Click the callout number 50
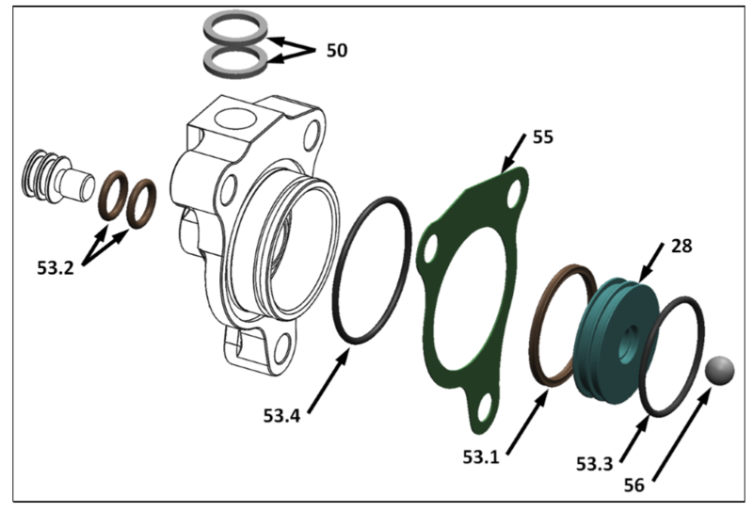tap(336, 49)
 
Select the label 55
tap(542, 137)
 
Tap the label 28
tap(681, 247)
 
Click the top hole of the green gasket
tap(513, 200)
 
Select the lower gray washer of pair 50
tap(232, 61)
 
